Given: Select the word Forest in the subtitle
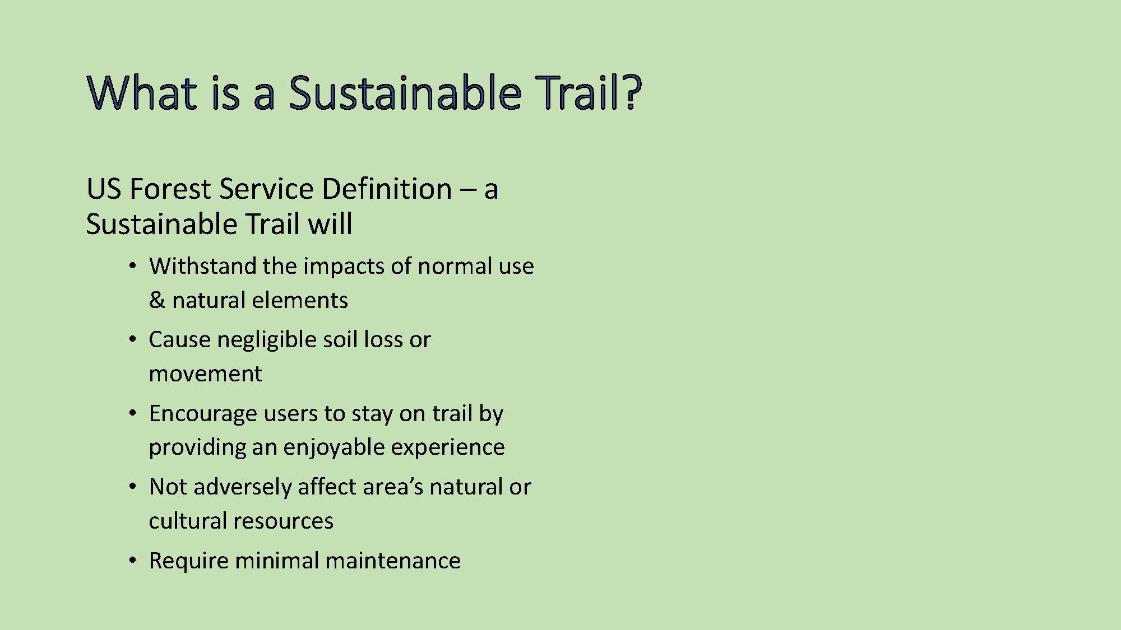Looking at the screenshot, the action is (x=170, y=189).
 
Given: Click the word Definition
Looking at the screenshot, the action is (x=387, y=189).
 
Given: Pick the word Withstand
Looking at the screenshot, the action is (x=203, y=266).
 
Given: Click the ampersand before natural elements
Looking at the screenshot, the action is (x=157, y=300).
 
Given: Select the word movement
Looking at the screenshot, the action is (x=205, y=374).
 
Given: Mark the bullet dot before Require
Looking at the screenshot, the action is (x=133, y=561).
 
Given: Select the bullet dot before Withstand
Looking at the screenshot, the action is (x=133, y=266).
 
